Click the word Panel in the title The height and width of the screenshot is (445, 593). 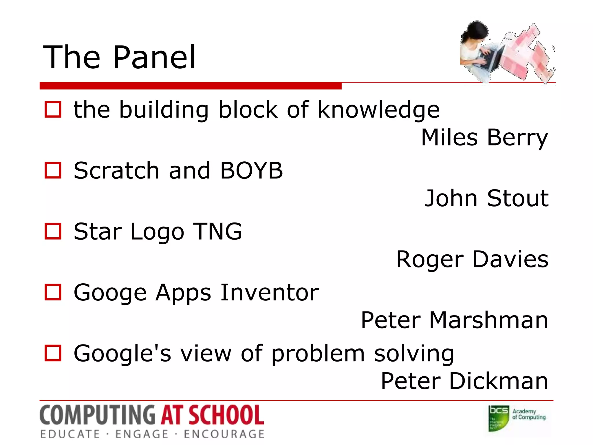click(x=154, y=58)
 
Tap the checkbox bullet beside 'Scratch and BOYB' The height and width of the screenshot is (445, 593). click(x=53, y=170)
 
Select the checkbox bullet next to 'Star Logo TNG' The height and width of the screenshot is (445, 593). click(x=53, y=231)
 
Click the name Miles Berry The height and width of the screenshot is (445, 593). click(x=484, y=137)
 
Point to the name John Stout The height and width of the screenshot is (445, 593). click(x=486, y=198)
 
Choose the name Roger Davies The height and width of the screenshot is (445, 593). click(x=472, y=259)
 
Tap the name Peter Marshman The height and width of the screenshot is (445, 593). click(x=454, y=320)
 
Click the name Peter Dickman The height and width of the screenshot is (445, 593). click(x=464, y=381)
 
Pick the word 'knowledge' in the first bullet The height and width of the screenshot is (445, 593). click(x=378, y=110)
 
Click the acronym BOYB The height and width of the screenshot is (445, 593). click(x=251, y=170)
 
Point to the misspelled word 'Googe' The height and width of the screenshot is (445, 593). click(x=110, y=293)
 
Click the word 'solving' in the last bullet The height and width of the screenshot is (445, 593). click(x=414, y=354)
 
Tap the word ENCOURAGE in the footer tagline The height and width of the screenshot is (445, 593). click(x=224, y=434)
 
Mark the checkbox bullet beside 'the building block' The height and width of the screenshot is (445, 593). click(x=53, y=110)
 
